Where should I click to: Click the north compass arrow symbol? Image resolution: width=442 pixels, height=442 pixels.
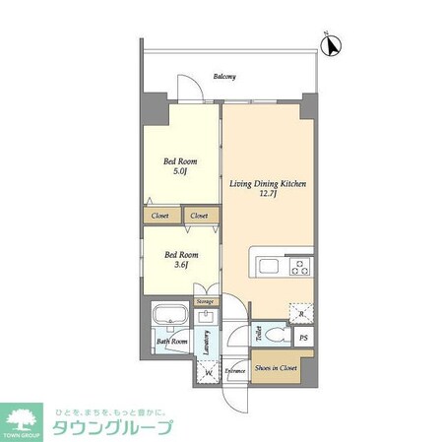[333, 44]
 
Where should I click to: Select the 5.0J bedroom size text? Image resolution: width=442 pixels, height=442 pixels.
[180, 171]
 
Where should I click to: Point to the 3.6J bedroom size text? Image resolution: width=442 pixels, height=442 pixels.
[180, 264]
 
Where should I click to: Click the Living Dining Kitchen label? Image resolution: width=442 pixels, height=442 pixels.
[267, 184]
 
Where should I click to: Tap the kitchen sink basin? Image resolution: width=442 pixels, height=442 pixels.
[269, 266]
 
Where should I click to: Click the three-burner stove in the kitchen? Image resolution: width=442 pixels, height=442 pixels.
[299, 266]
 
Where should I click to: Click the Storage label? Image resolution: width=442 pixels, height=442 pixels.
[205, 301]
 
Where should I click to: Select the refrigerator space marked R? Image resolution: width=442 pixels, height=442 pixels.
[301, 312]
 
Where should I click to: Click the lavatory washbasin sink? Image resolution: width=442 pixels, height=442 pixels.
[205, 318]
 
